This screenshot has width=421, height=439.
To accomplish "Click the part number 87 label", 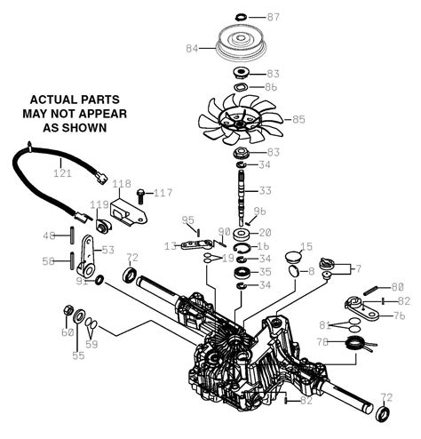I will [x=273, y=17].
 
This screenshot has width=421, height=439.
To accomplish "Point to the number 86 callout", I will [x=272, y=89].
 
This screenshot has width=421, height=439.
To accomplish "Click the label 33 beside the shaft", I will [x=266, y=191].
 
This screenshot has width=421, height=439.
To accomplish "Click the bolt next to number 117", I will [x=140, y=192].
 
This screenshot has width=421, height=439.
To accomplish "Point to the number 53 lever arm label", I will [x=108, y=250].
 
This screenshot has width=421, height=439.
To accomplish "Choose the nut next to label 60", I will [x=68, y=310].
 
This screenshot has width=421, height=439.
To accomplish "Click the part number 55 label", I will [x=78, y=355].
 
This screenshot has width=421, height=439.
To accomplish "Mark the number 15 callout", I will [x=306, y=246].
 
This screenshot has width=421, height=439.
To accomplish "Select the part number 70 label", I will [x=323, y=340].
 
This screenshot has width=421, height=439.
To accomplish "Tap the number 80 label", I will [x=396, y=286].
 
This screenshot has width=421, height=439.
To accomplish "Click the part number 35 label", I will [x=266, y=272].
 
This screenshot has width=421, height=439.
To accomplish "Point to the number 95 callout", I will [x=187, y=220].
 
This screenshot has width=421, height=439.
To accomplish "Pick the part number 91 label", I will [x=82, y=282].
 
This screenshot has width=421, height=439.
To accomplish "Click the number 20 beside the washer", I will [x=266, y=232].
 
